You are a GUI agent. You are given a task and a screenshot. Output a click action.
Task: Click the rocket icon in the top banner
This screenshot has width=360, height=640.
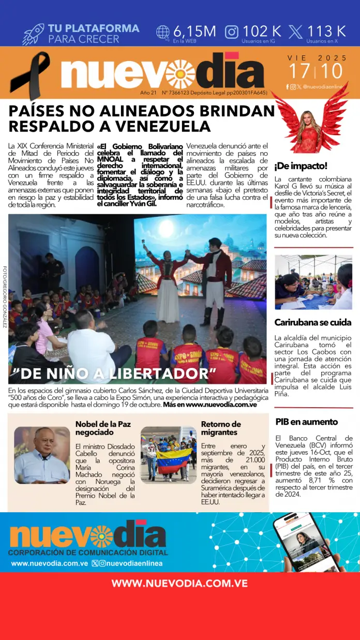click(33, 34)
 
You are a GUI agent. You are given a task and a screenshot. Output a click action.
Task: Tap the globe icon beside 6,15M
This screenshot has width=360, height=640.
click(163, 32)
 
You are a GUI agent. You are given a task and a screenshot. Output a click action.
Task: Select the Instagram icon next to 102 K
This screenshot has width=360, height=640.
click(232, 32)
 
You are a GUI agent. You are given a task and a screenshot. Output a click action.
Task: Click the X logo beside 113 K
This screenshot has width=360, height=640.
click(296, 32)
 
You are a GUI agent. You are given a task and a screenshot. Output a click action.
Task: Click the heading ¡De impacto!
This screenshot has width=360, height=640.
click(301, 166)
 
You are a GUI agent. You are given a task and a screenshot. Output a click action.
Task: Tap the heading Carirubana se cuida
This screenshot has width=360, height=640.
click(312, 322)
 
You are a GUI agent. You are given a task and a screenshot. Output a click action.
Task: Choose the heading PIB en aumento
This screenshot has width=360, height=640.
click(306, 422)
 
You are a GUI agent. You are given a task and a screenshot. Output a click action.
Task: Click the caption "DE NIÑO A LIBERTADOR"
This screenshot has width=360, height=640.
click(111, 374)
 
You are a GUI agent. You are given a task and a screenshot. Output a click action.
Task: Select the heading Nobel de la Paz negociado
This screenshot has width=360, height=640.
click(103, 429)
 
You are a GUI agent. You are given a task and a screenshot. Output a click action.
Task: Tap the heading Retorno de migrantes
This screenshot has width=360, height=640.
click(221, 428)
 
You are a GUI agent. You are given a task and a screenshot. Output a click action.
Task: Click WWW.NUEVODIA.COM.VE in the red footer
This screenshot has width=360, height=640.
click(179, 583)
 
